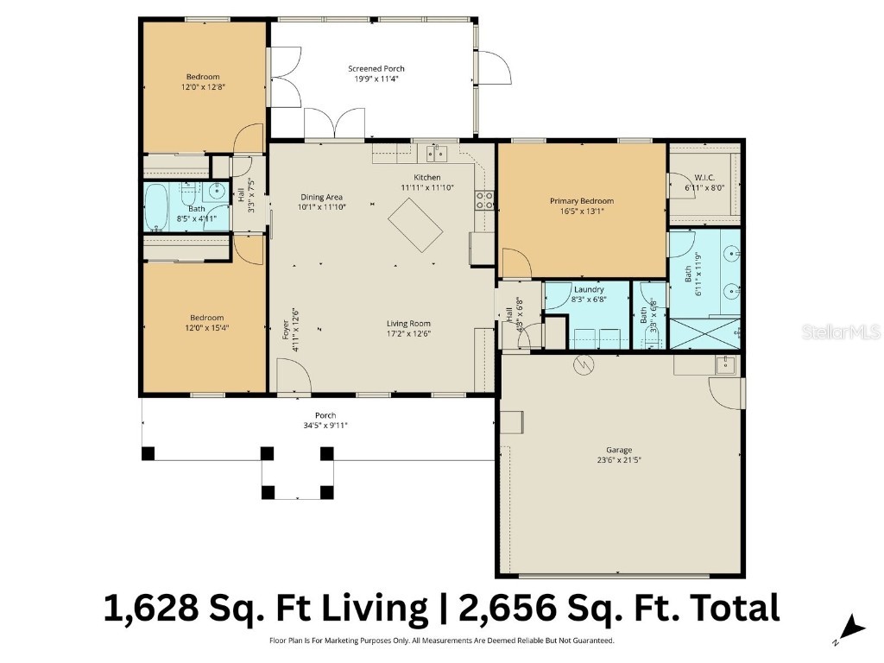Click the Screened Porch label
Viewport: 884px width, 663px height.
click(376, 69)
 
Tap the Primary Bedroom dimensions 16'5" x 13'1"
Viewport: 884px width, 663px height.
click(581, 212)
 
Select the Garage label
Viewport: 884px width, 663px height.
click(618, 450)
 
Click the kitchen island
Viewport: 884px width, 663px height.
click(416, 224)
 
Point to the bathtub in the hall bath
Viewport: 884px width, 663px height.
click(157, 207)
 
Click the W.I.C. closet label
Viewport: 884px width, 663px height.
click(701, 177)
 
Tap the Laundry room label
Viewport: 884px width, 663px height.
click(587, 289)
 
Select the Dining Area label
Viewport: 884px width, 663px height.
click(321, 197)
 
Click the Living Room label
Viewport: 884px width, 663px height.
click(408, 324)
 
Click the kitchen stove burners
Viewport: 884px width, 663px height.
click(484, 201)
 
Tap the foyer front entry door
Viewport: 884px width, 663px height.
click(294, 377)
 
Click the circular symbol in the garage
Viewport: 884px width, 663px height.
click(584, 365)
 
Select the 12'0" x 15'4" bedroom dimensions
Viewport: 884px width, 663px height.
click(206, 328)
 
